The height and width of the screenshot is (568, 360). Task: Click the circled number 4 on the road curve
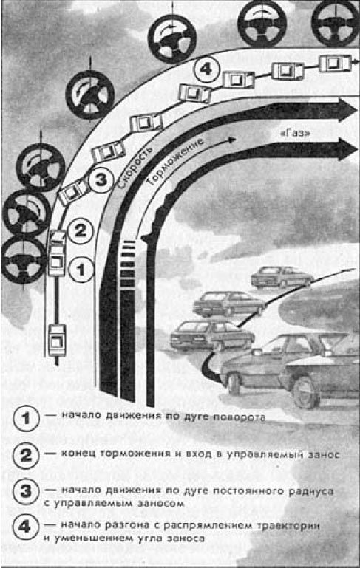206,69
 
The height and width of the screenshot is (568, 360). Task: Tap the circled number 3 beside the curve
101,179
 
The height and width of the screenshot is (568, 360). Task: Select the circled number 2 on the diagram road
81,230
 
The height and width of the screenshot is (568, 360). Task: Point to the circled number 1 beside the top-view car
81,269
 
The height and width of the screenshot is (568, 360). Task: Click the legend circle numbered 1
26,418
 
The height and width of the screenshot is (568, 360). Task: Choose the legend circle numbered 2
26,455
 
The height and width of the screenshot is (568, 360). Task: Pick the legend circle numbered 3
26,492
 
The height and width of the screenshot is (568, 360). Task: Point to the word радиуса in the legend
310,492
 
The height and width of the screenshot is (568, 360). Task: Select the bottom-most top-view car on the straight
57,341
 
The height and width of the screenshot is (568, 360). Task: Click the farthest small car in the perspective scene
282,278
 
